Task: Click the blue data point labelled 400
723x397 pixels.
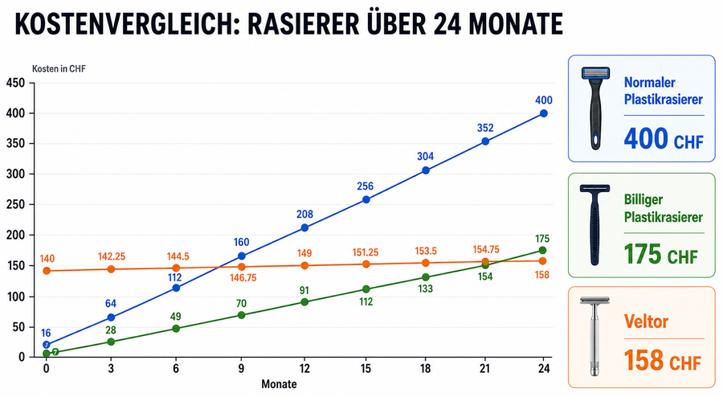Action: pyautogui.click(x=544, y=113)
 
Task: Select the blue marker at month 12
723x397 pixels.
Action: pyautogui.click(x=304, y=227)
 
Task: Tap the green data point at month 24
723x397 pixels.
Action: pyautogui.click(x=542, y=251)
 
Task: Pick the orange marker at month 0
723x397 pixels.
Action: pyautogui.click(x=46, y=271)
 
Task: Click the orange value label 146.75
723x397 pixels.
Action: pyautogui.click(x=243, y=278)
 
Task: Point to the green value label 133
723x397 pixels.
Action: pyautogui.click(x=425, y=289)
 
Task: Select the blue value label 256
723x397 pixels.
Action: pyautogui.click(x=366, y=186)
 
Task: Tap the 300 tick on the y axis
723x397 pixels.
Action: pyautogui.click(x=15, y=174)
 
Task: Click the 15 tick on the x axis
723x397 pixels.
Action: pyautogui.click(x=366, y=368)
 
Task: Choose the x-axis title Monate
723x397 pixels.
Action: pyautogui.click(x=279, y=384)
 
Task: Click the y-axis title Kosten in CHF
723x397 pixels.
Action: pyautogui.click(x=59, y=69)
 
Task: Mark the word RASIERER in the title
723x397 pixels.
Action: pyautogui.click(x=303, y=24)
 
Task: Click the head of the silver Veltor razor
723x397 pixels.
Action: pyautogui.click(x=594, y=301)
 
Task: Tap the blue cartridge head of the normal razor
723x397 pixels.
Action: pyautogui.click(x=595, y=73)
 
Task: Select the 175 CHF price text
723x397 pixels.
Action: pyautogui.click(x=661, y=254)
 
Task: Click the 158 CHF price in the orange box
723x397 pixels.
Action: pyautogui.click(x=662, y=360)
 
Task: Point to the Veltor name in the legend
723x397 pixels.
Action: pyautogui.click(x=646, y=321)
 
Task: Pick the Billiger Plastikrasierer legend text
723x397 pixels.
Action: pyautogui.click(x=663, y=208)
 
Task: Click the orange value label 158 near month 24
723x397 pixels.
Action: pyautogui.click(x=541, y=276)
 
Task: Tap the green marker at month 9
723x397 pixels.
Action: pyautogui.click(x=241, y=315)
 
